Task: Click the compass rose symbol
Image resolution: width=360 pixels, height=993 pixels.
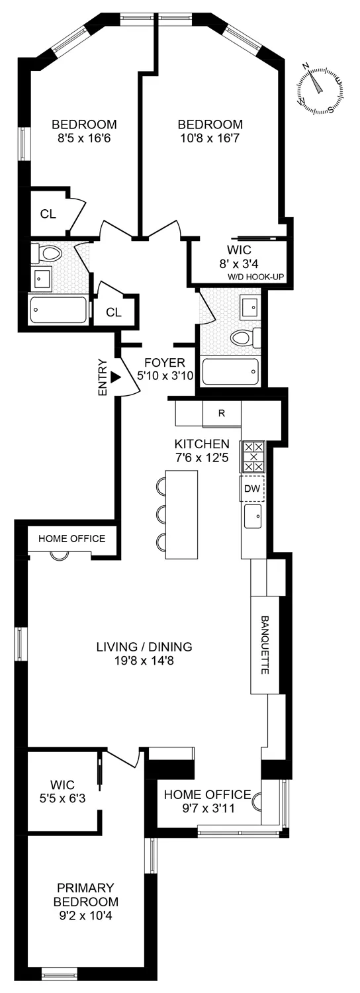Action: pos(320,89)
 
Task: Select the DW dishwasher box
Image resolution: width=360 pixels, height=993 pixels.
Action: pos(252,489)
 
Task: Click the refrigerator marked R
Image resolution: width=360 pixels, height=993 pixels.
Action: pos(222,414)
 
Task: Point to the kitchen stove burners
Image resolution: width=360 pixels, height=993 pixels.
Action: pos(252,457)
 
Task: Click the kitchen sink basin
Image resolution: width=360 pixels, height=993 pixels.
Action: pos(252,516)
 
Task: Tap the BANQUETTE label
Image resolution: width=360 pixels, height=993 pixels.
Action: pos(265,645)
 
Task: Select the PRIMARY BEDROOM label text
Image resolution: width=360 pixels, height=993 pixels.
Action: pos(87,894)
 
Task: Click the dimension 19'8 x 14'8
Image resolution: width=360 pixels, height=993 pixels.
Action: pos(144,660)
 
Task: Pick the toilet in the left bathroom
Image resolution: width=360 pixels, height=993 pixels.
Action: pos(48,252)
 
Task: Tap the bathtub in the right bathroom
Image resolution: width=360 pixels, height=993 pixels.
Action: pos(230,371)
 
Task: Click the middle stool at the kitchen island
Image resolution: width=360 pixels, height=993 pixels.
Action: pos(161,514)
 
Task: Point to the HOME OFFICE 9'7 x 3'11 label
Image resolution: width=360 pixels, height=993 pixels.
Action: pos(207,801)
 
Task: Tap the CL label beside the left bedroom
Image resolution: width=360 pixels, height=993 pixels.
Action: pos(48,213)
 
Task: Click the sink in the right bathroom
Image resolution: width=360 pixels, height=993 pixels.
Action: pos(250,307)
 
